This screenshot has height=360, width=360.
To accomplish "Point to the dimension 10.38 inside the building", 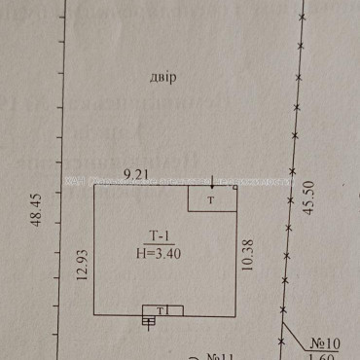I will click(x=247, y=262).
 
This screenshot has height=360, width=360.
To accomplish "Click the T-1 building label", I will click(x=159, y=234).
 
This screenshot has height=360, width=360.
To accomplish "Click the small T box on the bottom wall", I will click(x=163, y=310).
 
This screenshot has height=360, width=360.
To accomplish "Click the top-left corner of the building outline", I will click(x=94, y=186).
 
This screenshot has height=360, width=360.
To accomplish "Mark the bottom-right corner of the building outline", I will click(x=236, y=315).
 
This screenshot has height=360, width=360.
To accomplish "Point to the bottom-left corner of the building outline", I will click(x=94, y=315).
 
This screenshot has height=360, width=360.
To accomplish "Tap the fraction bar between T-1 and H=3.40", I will click(x=159, y=243).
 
